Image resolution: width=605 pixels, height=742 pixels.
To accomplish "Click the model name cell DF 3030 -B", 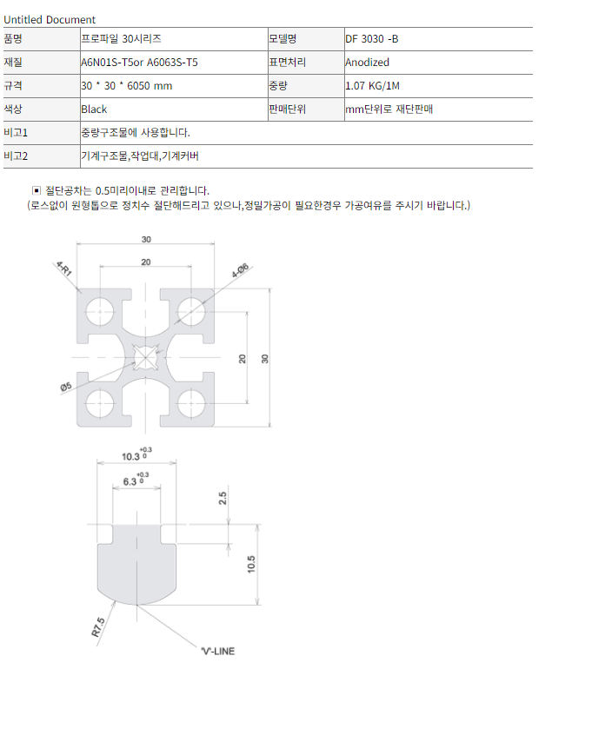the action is coord(372,39).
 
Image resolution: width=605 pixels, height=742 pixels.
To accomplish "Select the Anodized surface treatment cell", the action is coord(367,63).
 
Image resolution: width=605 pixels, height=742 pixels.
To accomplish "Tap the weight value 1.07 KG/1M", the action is coord(372,86).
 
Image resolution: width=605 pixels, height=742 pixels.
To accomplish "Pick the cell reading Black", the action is coord(94,109).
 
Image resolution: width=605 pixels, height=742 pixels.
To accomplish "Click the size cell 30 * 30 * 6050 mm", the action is coord(126,86).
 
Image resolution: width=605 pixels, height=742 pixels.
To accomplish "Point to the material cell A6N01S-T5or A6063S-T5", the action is coord(139,63).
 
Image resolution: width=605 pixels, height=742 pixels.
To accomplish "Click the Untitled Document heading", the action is coord(50,20).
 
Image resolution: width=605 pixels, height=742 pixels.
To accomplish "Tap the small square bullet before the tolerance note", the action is coord(37,190).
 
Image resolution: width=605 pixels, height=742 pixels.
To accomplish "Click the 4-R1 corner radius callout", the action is coord(64,268).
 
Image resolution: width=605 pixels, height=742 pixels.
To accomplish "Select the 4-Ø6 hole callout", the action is coord(240,270).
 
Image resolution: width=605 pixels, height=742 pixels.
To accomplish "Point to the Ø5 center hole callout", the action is coord(66,387).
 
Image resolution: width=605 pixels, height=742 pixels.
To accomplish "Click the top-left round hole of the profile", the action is coord(100,312).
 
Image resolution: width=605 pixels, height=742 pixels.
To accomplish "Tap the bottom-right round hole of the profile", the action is coord(191,404).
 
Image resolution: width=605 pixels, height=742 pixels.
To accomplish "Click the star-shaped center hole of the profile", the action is coord(145,357).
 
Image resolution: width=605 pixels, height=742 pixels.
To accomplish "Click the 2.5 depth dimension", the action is coord(223,498).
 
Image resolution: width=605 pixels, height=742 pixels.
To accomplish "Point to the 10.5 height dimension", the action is coord(251,564).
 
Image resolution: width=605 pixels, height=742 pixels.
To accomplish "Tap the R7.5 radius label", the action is coord(97,627).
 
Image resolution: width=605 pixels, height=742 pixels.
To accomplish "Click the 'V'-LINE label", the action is coord(218,651).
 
